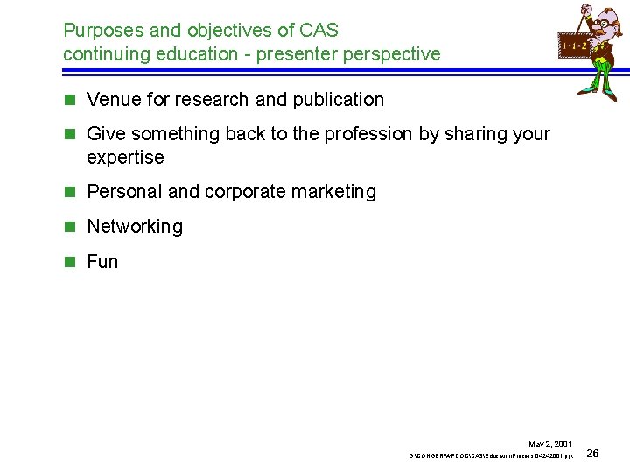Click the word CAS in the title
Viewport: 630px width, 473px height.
319,30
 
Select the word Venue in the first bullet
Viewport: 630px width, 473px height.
113,100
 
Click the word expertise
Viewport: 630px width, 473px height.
125,158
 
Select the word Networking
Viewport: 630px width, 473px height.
135,227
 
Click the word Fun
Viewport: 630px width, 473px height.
102,262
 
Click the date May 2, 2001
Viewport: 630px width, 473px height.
550,444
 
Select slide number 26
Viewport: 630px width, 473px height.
592,454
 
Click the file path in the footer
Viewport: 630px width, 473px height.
491,456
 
